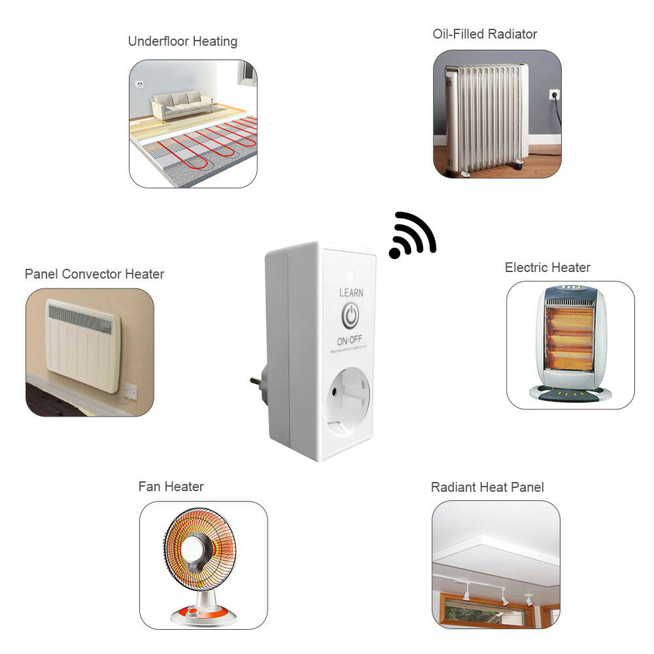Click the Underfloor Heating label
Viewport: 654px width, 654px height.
[x=182, y=42]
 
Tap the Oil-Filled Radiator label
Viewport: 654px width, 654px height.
[x=485, y=34]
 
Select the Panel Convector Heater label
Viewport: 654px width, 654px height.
[x=94, y=274]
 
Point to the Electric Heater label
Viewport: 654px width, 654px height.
[x=547, y=267]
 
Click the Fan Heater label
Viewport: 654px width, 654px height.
[x=171, y=487]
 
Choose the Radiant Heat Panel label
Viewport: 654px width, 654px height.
[x=487, y=487]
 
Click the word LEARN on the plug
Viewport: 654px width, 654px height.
[x=351, y=293]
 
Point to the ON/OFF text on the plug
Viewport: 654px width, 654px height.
[x=349, y=341]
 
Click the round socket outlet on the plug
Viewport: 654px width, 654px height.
[x=345, y=401]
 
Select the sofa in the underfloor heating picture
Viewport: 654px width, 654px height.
[x=182, y=103]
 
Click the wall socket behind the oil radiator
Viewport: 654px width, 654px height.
[x=554, y=95]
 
